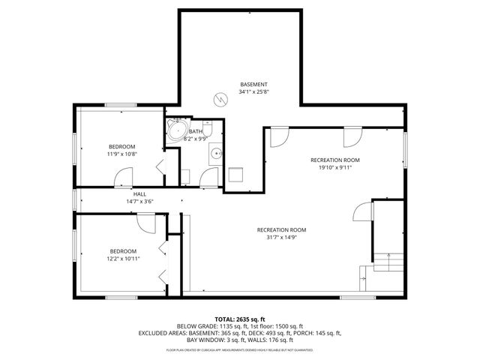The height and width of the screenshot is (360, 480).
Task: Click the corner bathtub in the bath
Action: [x=177, y=131]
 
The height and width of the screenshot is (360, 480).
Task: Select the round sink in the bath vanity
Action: [x=216, y=154]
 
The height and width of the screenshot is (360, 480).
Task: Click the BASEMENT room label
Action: [x=253, y=84]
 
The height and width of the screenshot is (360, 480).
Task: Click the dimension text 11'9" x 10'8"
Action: [x=121, y=154]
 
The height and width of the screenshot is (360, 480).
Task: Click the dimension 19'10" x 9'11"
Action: [x=336, y=167]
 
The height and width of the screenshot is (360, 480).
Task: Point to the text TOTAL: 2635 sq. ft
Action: [x=239, y=319]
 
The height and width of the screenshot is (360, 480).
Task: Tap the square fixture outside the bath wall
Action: [x=236, y=174]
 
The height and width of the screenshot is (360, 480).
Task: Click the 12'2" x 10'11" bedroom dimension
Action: [x=124, y=258]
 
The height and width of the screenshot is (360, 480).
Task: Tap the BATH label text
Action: [x=196, y=132]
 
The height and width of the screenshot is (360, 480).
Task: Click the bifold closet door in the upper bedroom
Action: [x=160, y=166]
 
